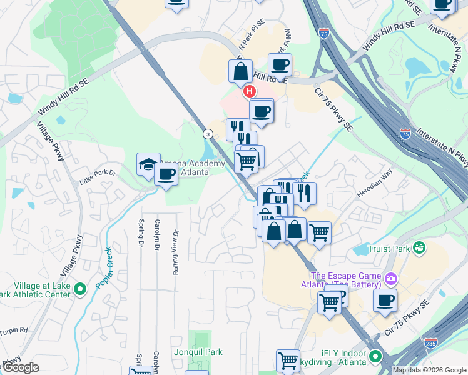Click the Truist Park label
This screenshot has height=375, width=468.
(389, 249)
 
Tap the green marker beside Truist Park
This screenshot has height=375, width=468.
(419, 248)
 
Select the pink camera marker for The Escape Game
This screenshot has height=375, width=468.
(392, 278)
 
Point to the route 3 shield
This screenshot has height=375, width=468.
(206, 133)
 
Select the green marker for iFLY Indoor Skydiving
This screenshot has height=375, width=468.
(375, 357)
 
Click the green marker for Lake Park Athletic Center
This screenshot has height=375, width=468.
(79, 289)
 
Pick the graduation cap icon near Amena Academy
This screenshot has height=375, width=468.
(148, 165)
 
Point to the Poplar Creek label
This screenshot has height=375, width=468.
(103, 267)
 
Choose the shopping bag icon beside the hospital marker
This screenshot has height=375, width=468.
(241, 72)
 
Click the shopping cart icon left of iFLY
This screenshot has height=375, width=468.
(288, 361)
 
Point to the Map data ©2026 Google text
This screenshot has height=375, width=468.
(429, 370)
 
